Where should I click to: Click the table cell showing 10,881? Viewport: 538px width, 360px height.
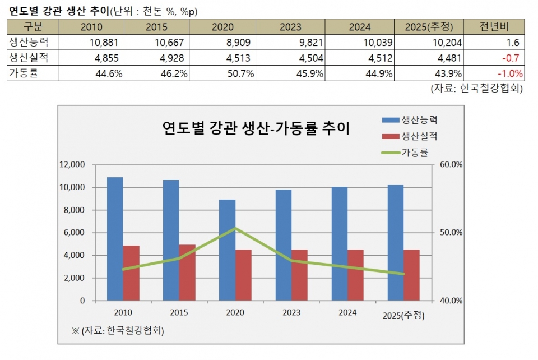pyautogui.click(x=106, y=42)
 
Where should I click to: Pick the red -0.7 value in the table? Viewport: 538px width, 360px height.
pyautogui.click(x=512, y=58)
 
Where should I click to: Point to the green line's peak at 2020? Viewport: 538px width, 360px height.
pyautogui.click(x=235, y=228)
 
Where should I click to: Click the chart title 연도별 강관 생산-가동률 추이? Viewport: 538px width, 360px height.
pyautogui.click(x=256, y=128)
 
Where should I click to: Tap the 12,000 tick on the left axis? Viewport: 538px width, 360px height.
pyautogui.click(x=73, y=165)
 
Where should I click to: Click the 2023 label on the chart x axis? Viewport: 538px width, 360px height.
pyautogui.click(x=291, y=312)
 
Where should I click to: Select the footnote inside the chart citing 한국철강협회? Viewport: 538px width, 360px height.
pyautogui.click(x=118, y=331)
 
